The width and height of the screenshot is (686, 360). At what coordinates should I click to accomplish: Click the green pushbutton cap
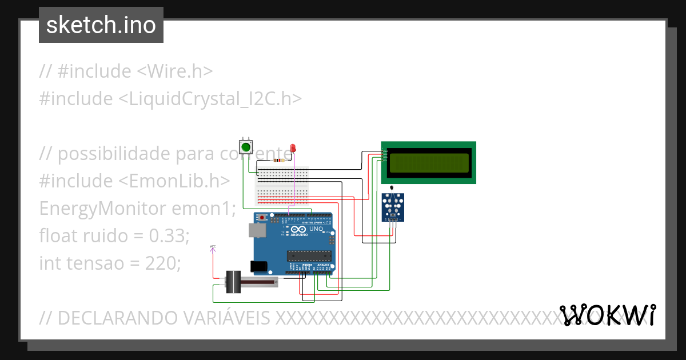pyautogui.click(x=246, y=147)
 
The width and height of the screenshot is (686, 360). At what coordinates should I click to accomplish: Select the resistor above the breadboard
pyautogui.click(x=280, y=161)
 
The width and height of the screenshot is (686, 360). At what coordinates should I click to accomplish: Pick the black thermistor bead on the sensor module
pyautogui.click(x=392, y=188)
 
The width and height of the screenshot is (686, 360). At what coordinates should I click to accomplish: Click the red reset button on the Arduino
pyautogui.click(x=262, y=218)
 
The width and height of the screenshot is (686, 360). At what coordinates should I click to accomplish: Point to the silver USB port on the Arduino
pyautogui.click(x=256, y=230)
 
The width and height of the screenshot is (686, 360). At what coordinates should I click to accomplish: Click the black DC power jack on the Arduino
pyautogui.click(x=259, y=266)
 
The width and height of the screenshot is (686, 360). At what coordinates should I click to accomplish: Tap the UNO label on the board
pyautogui.click(x=316, y=229)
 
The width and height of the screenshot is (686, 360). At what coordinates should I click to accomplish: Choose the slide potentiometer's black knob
pyautogui.click(x=234, y=282)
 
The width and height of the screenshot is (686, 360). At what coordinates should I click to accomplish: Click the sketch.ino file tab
pyautogui.click(x=101, y=25)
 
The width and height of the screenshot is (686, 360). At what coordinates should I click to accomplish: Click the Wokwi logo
pyautogui.click(x=608, y=315)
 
